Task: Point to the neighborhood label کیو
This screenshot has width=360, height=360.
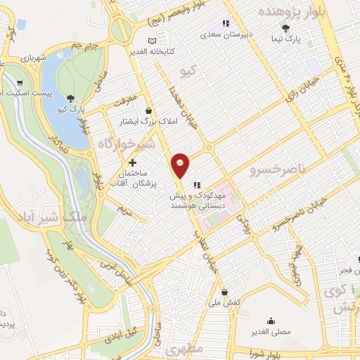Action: click(x=188, y=71)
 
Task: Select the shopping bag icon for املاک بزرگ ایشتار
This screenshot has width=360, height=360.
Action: click(x=149, y=110)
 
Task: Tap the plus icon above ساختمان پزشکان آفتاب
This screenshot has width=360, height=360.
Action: click(x=132, y=163)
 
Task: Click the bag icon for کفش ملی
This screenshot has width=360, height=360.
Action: click(x=224, y=291)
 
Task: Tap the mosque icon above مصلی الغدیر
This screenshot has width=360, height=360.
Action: click(x=271, y=321)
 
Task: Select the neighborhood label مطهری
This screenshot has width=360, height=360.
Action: click(x=186, y=349)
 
